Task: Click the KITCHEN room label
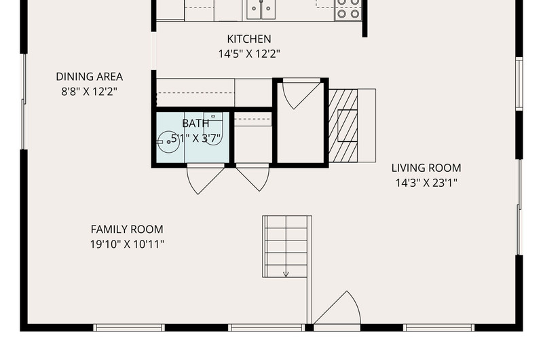(x=249, y=39)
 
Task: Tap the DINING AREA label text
(x=90, y=77)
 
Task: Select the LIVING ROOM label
(x=426, y=168)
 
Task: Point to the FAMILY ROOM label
(x=127, y=230)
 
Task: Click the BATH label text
(x=195, y=124)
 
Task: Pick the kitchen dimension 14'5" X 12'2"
(x=249, y=54)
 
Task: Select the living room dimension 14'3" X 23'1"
(x=426, y=183)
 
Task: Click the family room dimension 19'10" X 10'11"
(x=127, y=245)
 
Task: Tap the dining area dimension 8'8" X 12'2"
(x=90, y=92)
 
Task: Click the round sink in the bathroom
(x=168, y=142)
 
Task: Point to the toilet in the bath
(x=213, y=129)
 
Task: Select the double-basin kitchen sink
(x=261, y=9)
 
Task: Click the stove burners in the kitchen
(x=348, y=9)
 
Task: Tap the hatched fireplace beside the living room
(x=343, y=126)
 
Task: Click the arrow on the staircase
(x=286, y=274)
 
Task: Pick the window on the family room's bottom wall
(x=129, y=327)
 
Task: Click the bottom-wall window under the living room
(x=438, y=327)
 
